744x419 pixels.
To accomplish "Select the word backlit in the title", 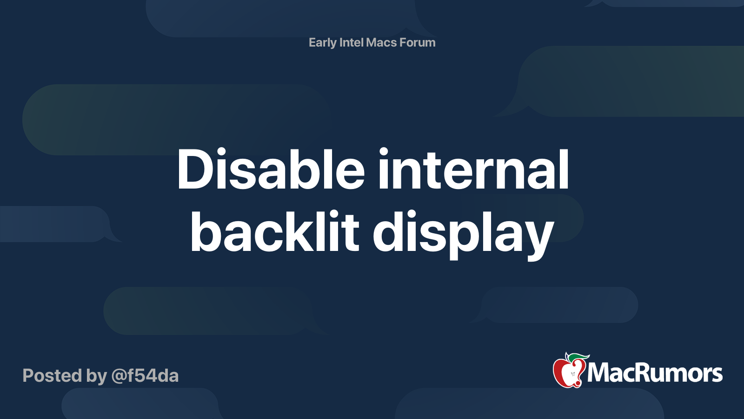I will (x=274, y=232).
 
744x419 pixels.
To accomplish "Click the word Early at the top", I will (x=322, y=43).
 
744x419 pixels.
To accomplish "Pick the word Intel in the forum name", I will (x=352, y=43).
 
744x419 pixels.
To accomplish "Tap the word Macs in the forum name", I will (x=381, y=43).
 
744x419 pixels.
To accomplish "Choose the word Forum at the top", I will (x=418, y=43).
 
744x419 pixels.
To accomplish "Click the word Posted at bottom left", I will (x=52, y=376).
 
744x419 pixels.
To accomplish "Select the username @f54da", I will (x=145, y=376).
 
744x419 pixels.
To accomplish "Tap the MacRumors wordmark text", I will (x=655, y=373).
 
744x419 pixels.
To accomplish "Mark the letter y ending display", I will (x=539, y=237).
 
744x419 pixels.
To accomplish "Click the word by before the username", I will (x=97, y=376).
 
